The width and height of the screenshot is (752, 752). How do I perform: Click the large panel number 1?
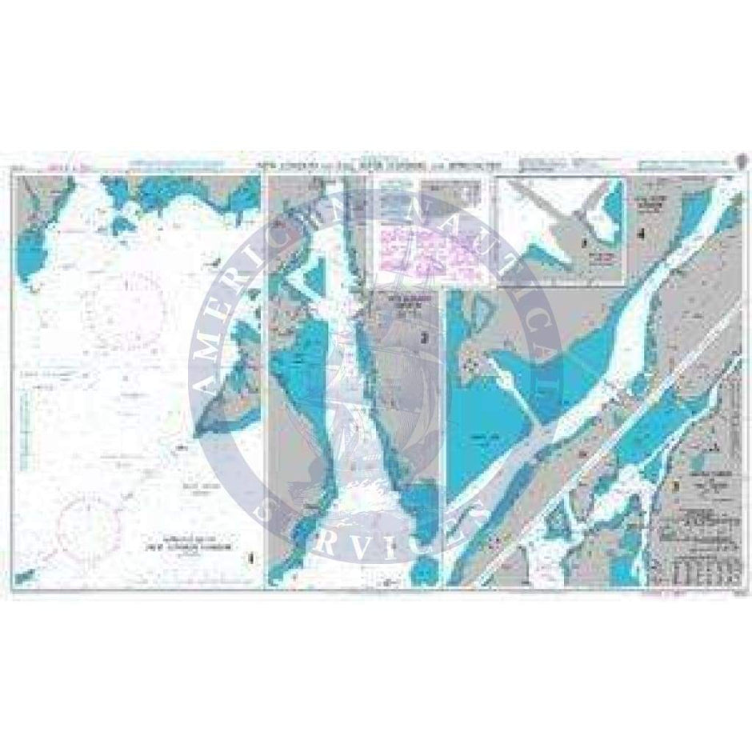pyautogui.click(x=254, y=557)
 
